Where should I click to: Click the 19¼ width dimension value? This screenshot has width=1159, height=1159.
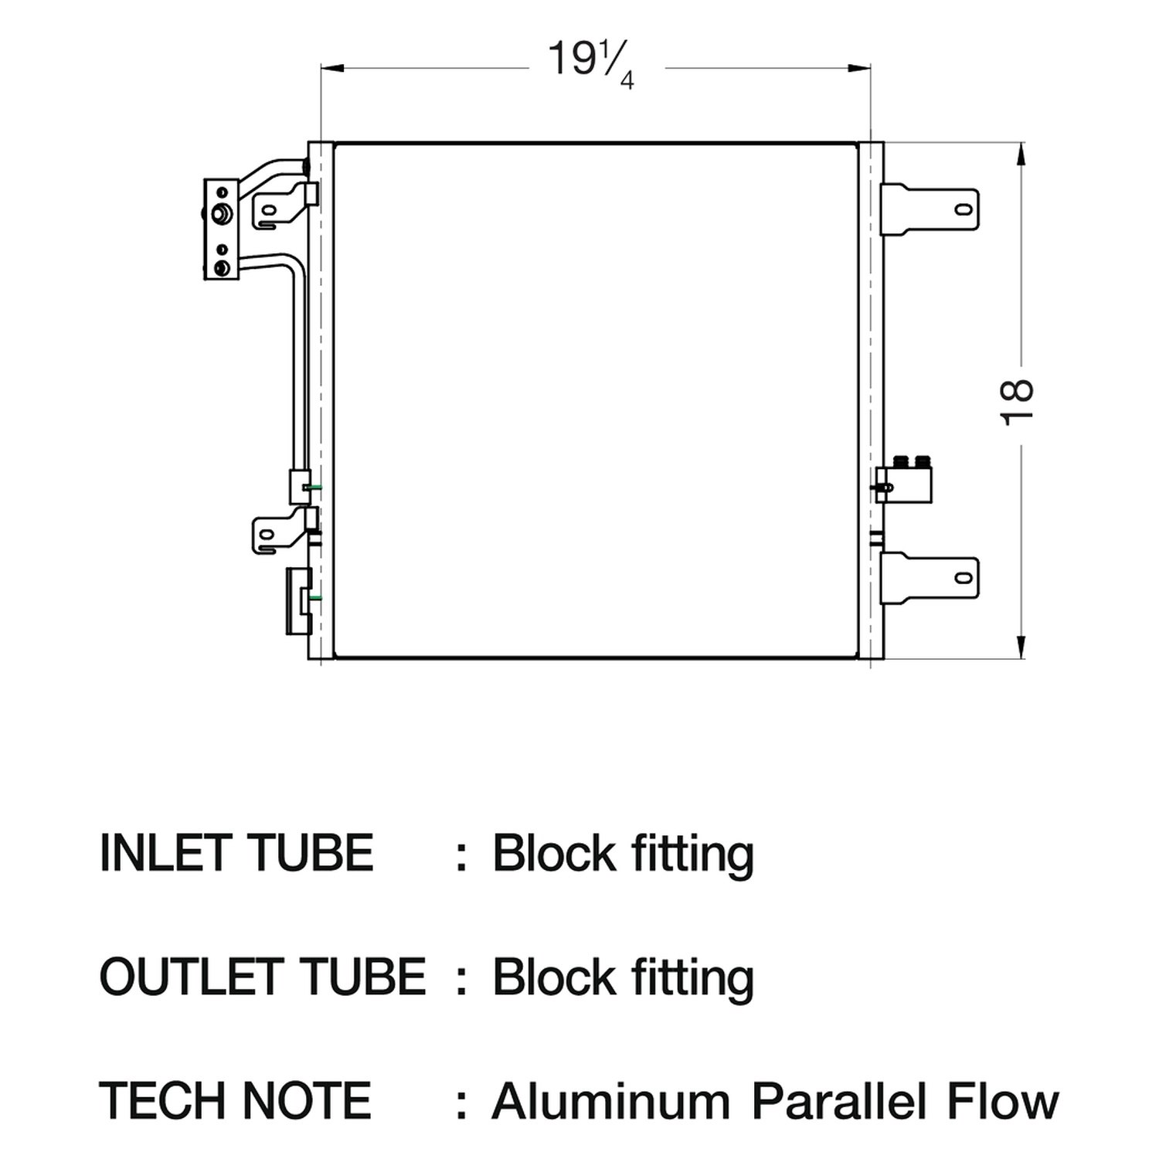coord(591,63)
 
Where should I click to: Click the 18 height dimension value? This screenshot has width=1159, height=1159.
coord(1018,402)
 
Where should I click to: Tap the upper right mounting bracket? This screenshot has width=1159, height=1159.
coord(931,209)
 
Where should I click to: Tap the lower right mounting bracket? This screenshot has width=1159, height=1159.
coord(931,577)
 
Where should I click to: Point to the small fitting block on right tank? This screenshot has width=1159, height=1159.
coord(906,479)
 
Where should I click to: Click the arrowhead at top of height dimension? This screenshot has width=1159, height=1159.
coord(1022,154)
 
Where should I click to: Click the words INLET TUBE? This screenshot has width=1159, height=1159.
coord(236,854)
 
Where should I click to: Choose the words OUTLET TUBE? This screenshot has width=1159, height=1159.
coord(263,976)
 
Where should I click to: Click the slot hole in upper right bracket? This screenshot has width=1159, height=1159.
coord(964,209)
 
